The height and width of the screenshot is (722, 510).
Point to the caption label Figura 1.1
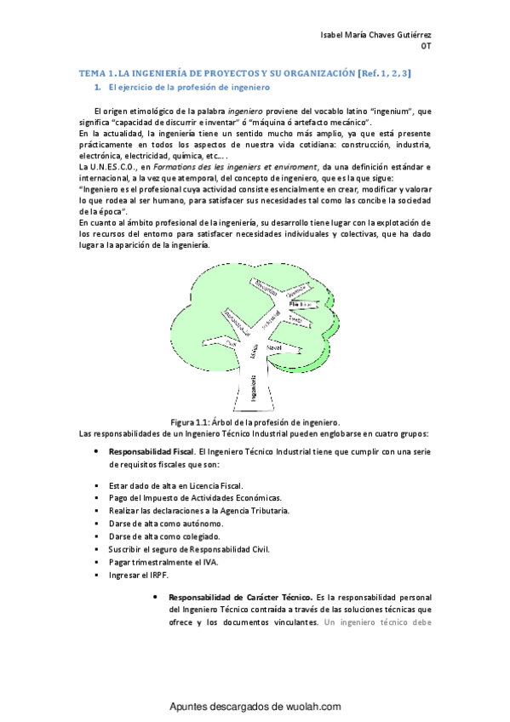(190, 421)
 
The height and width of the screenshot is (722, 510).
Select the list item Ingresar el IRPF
(138, 576)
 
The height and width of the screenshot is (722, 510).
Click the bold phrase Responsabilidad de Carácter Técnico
(241, 598)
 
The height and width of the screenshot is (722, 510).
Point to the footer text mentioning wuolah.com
(255, 706)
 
